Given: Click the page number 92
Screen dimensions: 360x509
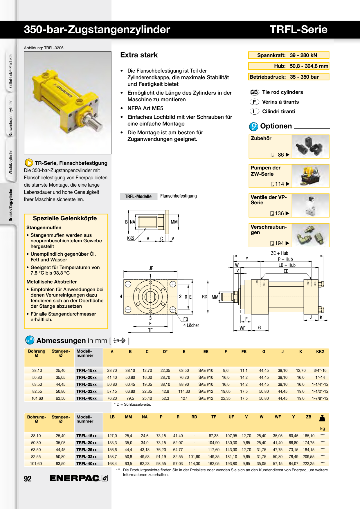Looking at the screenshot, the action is tap(28, 479).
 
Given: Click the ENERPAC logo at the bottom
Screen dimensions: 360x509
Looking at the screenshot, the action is tap(78, 478).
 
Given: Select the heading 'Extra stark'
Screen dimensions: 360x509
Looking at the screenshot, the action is tap(139, 55).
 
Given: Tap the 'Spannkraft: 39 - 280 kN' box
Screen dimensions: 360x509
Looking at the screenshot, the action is tap(289, 55).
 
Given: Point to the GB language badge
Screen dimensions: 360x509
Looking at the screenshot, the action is tap(254, 92).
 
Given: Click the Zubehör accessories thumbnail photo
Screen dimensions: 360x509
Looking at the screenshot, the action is tap(310, 147).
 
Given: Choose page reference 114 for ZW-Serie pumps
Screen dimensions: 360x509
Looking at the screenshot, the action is tap(280, 184).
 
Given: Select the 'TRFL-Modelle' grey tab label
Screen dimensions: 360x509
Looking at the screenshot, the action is tap(138, 196).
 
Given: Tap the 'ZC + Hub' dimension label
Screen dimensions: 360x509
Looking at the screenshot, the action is tap(279, 253).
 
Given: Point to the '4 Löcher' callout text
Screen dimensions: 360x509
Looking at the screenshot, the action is tap(191, 325).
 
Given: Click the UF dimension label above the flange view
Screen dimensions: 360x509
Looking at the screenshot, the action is tap(150, 268).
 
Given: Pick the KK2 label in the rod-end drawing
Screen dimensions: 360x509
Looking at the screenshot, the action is tap(131, 238).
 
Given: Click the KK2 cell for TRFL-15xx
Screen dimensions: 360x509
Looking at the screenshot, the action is tap(320, 371).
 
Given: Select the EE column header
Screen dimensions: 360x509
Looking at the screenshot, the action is tap(206, 351).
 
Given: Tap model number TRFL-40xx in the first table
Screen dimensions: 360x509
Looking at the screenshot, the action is tap(86, 398).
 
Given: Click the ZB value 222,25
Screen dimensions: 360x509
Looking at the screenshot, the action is tap(309, 464).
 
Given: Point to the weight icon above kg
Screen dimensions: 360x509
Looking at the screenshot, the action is tap(322, 418).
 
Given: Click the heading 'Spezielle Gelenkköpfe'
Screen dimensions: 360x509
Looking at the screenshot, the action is tap(65, 218).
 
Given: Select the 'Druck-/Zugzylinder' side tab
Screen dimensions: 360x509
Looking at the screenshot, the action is tap(11, 205).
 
